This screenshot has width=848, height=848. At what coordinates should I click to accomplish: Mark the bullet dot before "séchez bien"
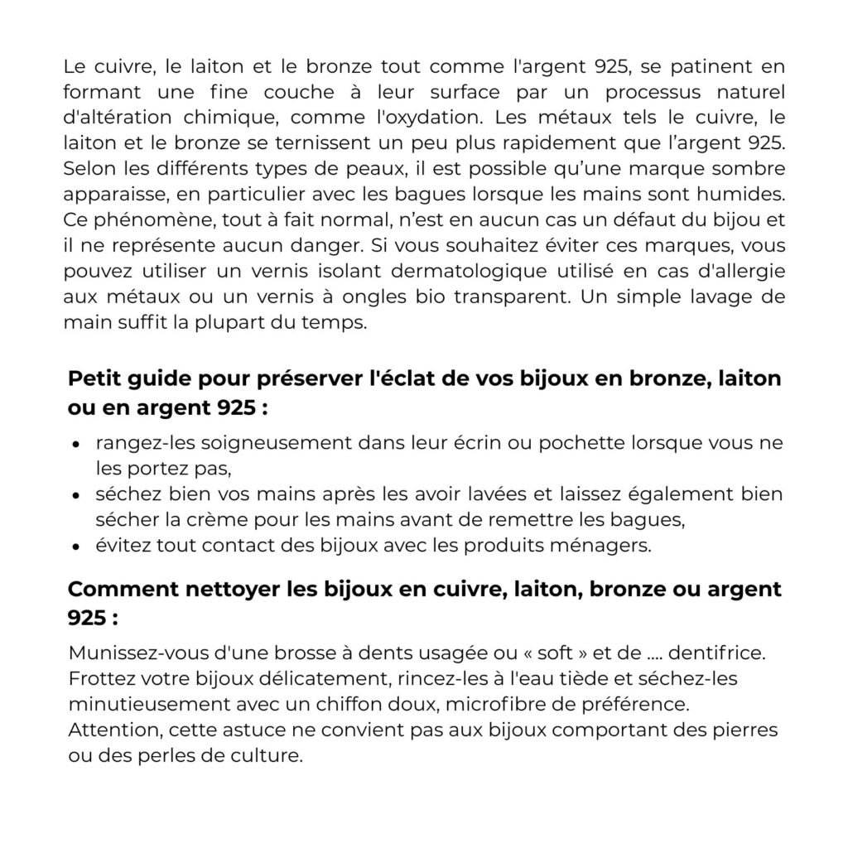point(76,498)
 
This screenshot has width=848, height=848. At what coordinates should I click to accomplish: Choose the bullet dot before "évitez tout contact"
point(76,547)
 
